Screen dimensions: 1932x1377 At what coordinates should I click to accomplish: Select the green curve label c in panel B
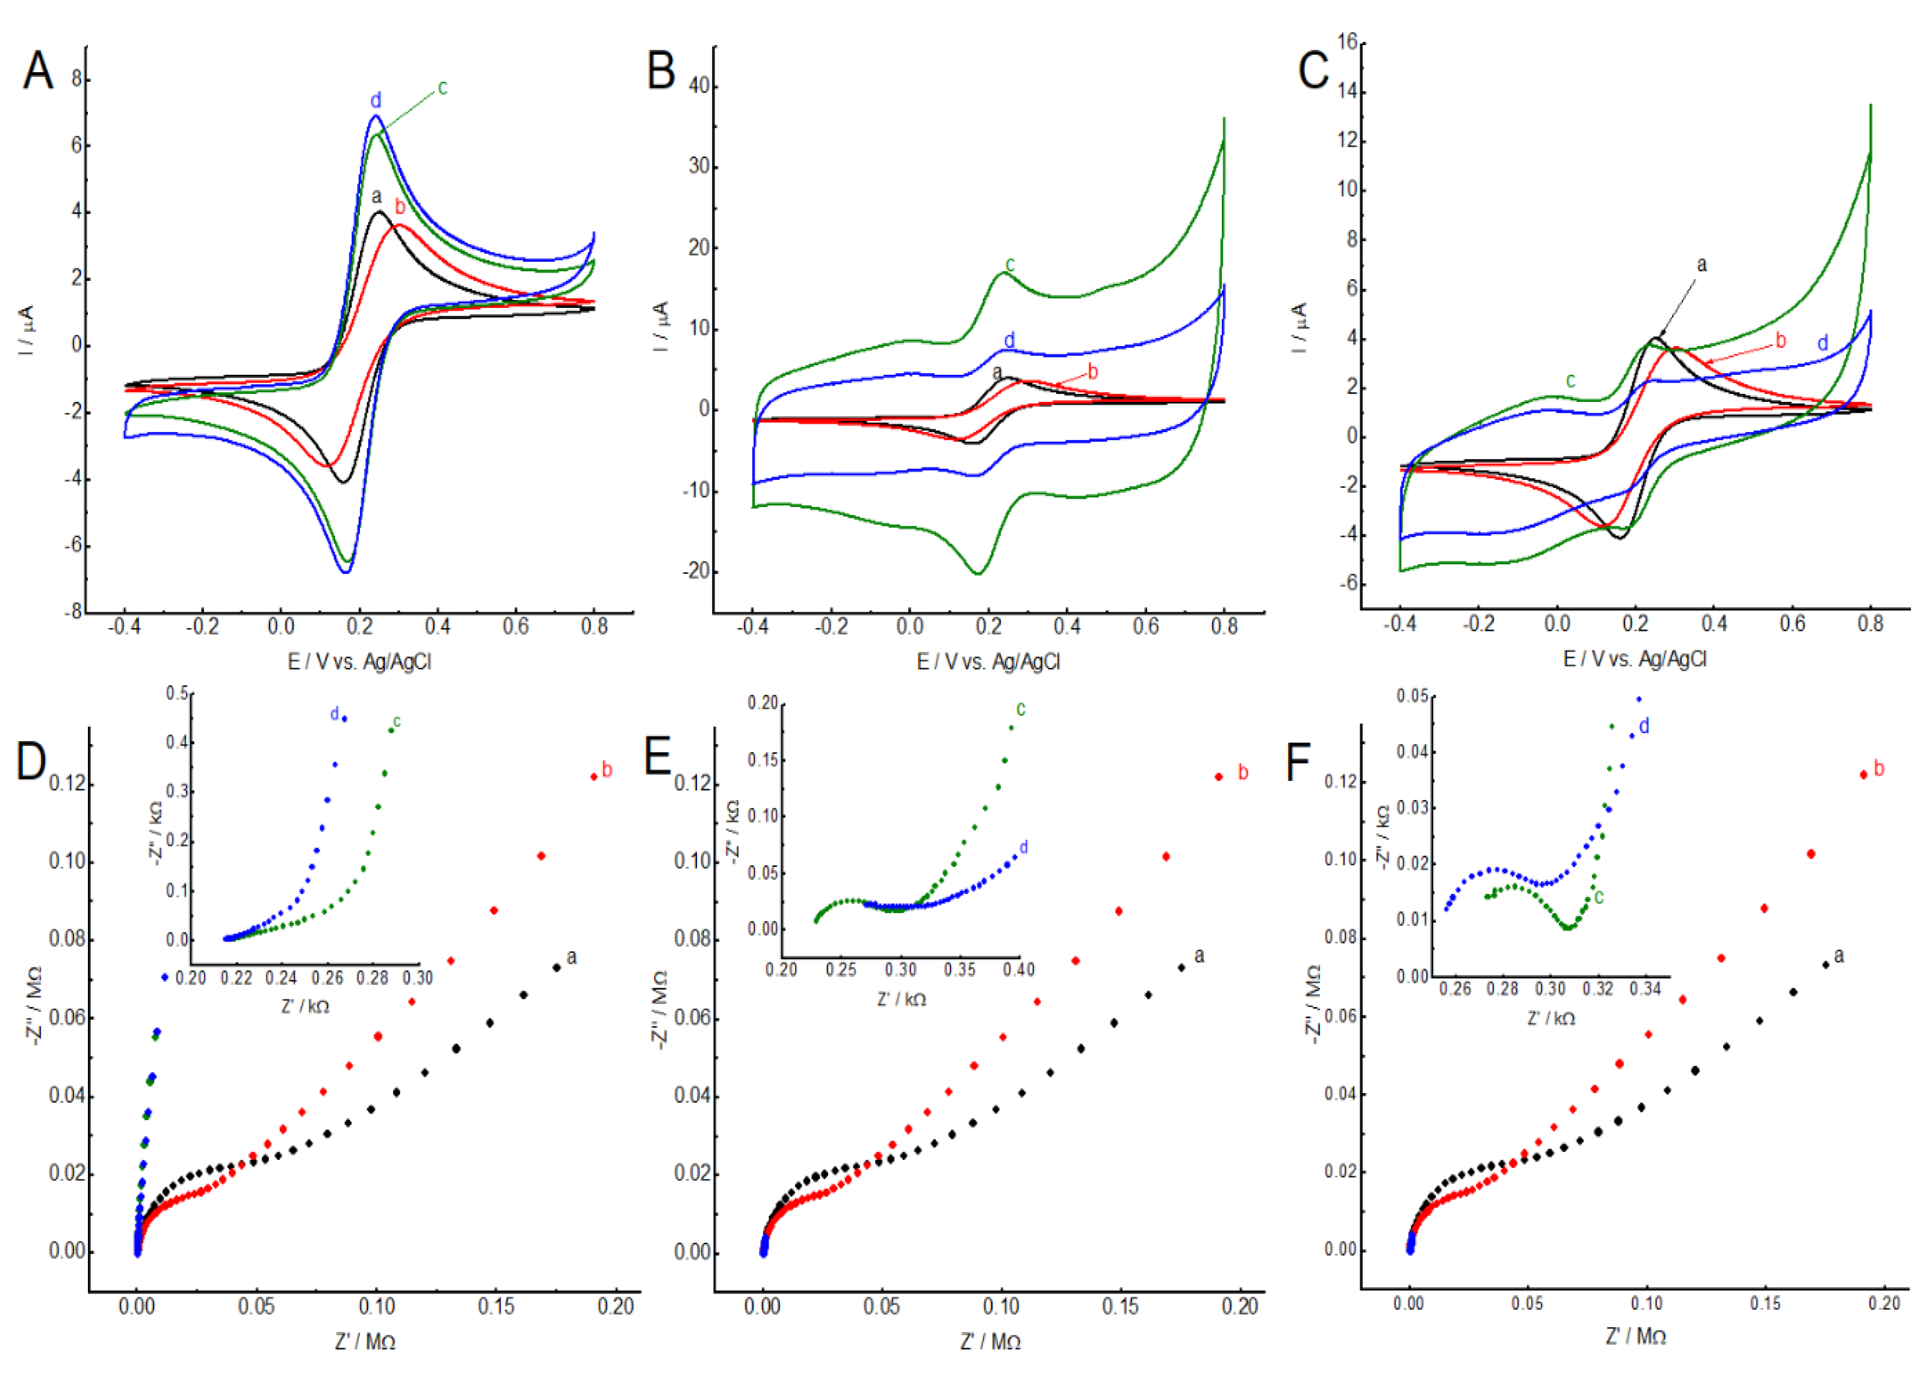point(1009,265)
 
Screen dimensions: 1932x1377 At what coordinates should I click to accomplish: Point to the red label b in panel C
point(1780,341)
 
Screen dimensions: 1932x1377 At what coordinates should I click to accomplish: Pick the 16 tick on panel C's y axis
point(1347,42)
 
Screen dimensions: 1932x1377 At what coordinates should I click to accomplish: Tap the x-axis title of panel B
point(988,661)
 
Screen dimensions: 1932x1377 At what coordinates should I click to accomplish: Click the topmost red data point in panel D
point(593,777)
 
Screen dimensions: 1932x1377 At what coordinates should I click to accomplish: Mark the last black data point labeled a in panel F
point(1825,964)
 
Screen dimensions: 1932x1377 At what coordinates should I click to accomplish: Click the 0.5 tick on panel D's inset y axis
point(178,694)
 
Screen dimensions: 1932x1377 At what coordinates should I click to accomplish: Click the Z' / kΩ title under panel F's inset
point(1551,1018)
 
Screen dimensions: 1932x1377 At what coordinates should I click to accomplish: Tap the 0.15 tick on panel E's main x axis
point(1120,1307)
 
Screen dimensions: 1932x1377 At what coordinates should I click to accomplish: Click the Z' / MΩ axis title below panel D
point(365,1342)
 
